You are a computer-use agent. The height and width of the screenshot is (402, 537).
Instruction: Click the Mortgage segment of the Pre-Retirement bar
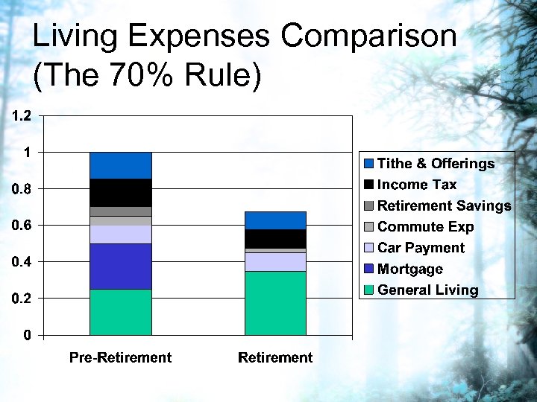click(120, 266)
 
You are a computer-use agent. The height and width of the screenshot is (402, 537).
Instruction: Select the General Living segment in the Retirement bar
click(275, 302)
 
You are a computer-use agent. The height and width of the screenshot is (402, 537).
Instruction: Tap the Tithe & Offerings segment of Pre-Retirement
click(120, 165)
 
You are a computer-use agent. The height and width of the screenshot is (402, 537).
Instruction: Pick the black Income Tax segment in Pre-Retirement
click(120, 192)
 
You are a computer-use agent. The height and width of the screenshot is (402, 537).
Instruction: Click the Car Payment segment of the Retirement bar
click(275, 261)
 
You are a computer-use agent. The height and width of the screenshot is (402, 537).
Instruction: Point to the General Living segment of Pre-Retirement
click(120, 311)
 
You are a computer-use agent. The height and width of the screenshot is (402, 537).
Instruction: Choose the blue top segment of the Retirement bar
click(275, 220)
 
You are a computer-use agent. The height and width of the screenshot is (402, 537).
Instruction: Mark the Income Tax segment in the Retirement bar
click(275, 238)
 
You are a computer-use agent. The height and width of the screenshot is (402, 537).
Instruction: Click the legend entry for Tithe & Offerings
click(436, 163)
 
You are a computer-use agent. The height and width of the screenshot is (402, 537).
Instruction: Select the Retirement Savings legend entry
click(444, 205)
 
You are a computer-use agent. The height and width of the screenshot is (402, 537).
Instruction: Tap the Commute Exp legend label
click(425, 226)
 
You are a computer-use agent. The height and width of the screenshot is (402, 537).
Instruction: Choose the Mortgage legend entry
click(409, 269)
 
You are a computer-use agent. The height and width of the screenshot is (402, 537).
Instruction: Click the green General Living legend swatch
click(368, 290)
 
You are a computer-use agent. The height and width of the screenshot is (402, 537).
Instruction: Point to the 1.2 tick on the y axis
click(21, 116)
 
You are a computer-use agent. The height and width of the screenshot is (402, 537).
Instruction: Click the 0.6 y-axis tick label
click(21, 226)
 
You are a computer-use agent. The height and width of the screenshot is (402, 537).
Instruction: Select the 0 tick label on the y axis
click(27, 335)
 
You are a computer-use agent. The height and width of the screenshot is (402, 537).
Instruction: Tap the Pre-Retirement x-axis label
click(120, 358)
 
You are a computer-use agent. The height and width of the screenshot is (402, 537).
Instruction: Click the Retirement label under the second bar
click(275, 358)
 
